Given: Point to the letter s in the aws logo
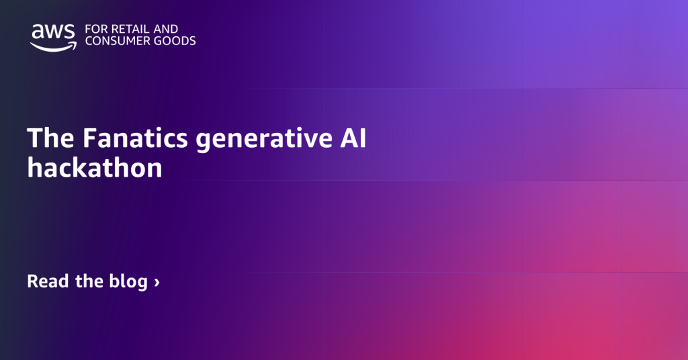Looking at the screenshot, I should (x=69, y=32).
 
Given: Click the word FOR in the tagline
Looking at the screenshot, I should (x=95, y=30).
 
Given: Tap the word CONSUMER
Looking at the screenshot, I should (x=117, y=41).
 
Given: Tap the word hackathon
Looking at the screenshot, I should (x=95, y=167).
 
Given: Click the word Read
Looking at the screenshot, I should (x=48, y=281).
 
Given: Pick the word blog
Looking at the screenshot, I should (x=128, y=281).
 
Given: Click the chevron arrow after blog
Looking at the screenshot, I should (x=157, y=282).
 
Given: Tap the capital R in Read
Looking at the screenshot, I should (x=32, y=281).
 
